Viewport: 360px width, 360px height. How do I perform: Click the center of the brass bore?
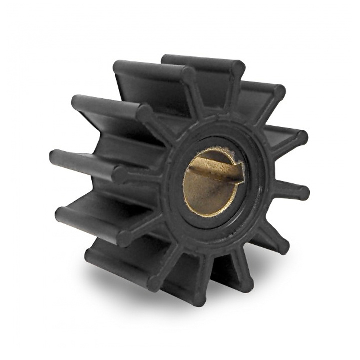[212, 182]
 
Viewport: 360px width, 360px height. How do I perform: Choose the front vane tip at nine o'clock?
[120, 174]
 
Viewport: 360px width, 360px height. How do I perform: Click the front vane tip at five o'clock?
[248, 285]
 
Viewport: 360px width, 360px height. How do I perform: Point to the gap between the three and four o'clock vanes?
[287, 220]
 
